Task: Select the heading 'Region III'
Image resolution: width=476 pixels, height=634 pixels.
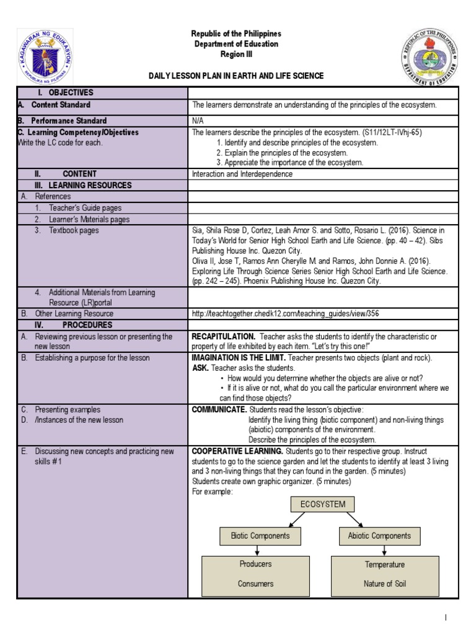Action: pos(236,54)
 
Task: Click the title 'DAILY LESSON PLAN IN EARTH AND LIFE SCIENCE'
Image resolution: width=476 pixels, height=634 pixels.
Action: pos(236,76)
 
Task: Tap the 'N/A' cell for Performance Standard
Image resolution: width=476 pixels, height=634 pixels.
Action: pos(198,121)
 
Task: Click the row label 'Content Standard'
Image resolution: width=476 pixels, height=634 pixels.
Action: pos(61,105)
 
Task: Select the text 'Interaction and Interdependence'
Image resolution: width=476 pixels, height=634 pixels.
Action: pos(242,174)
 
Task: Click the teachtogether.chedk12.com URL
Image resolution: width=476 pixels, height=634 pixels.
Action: pos(285,314)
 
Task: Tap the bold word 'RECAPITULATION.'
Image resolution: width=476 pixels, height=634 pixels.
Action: pos(223,336)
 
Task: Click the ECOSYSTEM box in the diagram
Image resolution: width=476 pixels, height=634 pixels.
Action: pos(322,504)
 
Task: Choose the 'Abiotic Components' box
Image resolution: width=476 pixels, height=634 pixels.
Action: pos(379,536)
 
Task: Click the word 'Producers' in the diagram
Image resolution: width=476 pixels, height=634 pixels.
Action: pos(255,564)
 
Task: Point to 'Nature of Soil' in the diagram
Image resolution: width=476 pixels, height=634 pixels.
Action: pos(385,584)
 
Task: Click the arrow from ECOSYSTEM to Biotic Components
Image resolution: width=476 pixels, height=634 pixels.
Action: pos(278,519)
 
